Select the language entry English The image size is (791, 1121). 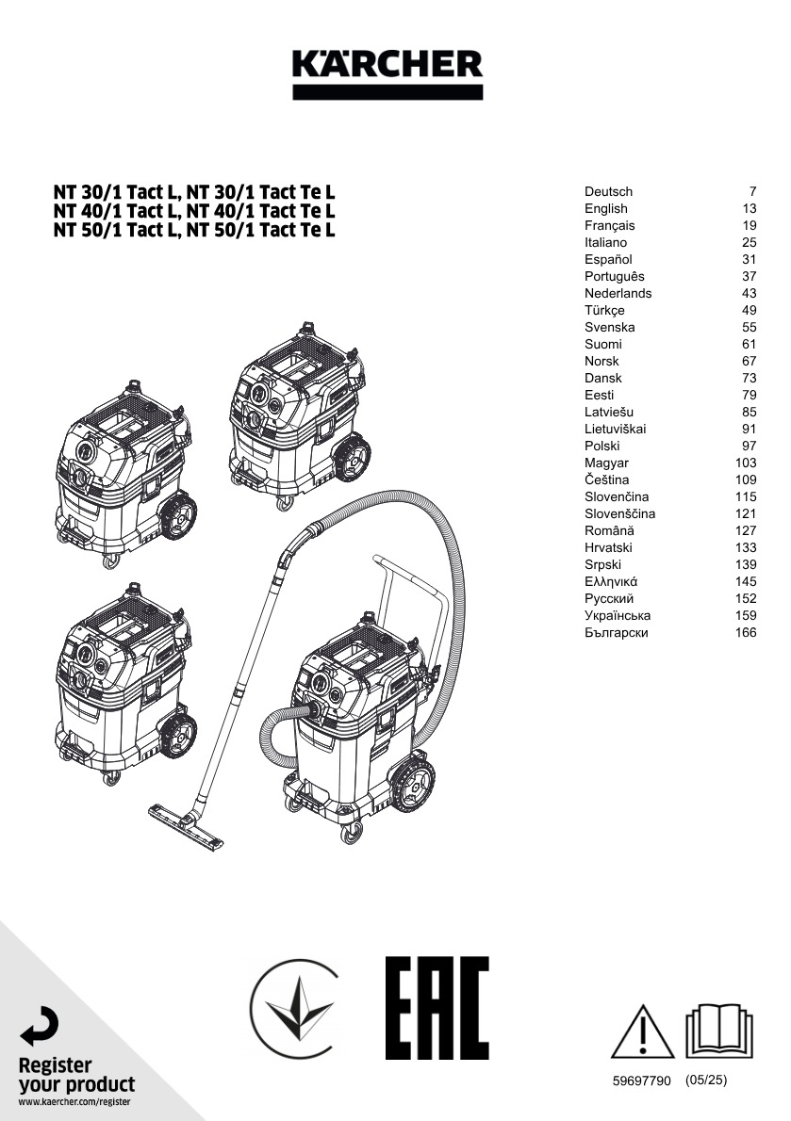pos(605,208)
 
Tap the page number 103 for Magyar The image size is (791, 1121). pos(745,463)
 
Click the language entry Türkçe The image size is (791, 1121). pos(604,310)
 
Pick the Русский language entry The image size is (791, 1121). pos(609,598)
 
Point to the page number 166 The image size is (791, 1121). pos(745,632)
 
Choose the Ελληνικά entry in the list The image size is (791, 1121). pos(611,581)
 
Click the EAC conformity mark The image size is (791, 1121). pos(437,1008)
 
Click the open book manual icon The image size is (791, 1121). pos(719,1031)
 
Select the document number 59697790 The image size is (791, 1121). pos(641,1081)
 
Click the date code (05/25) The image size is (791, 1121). pos(706,1080)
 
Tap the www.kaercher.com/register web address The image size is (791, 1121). pos(74,1101)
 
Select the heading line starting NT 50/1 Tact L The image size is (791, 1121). pos(194,229)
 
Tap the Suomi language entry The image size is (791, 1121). pos(602,344)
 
